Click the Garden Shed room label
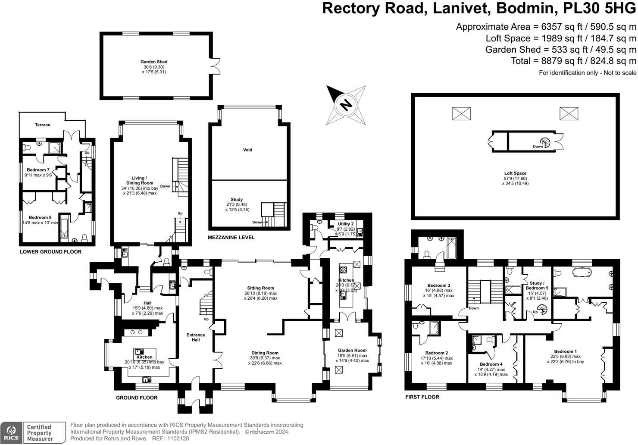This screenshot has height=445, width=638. pyautogui.click(x=153, y=62)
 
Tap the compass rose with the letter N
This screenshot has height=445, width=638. pyautogui.click(x=346, y=105)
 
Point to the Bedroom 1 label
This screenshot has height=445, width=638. pyautogui.click(x=565, y=351)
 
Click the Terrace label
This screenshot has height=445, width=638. pyautogui.click(x=43, y=125)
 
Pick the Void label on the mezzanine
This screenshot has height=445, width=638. pyautogui.click(x=247, y=150)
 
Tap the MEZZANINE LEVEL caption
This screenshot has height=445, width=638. pyautogui.click(x=231, y=238)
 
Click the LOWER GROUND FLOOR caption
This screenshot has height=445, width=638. pyautogui.click(x=50, y=252)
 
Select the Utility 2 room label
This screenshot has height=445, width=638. pyautogui.click(x=345, y=224)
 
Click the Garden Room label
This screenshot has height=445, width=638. pyautogui.click(x=352, y=351)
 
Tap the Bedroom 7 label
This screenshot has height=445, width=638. pyautogui.click(x=38, y=170)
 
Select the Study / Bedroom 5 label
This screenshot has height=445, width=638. pyautogui.click(x=537, y=285)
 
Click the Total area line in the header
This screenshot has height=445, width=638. pyautogui.click(x=573, y=61)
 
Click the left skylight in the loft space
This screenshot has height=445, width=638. pyautogui.click(x=461, y=114)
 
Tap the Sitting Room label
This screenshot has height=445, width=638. pyautogui.click(x=260, y=288)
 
